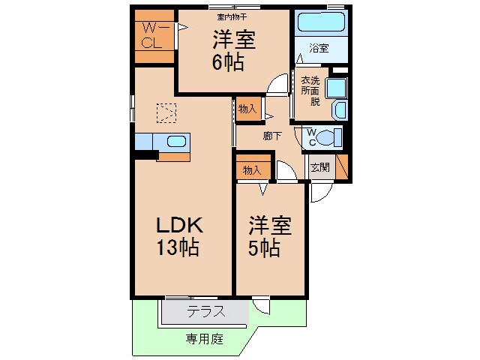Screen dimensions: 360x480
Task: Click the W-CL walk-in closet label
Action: (154, 35)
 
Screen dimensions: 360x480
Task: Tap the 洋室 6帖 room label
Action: (232, 51)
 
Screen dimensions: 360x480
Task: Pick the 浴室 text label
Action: (319, 49)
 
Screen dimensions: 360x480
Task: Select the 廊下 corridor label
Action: (271, 136)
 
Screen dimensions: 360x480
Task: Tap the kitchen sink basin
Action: (177, 141)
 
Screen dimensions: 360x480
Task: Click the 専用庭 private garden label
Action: (205, 339)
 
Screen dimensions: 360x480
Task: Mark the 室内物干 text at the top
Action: (232, 15)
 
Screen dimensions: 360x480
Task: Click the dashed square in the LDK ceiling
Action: (166, 112)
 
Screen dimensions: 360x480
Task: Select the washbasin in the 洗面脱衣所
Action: (339, 111)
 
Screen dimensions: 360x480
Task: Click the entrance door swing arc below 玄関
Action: (318, 192)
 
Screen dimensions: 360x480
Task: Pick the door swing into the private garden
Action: (261, 306)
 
